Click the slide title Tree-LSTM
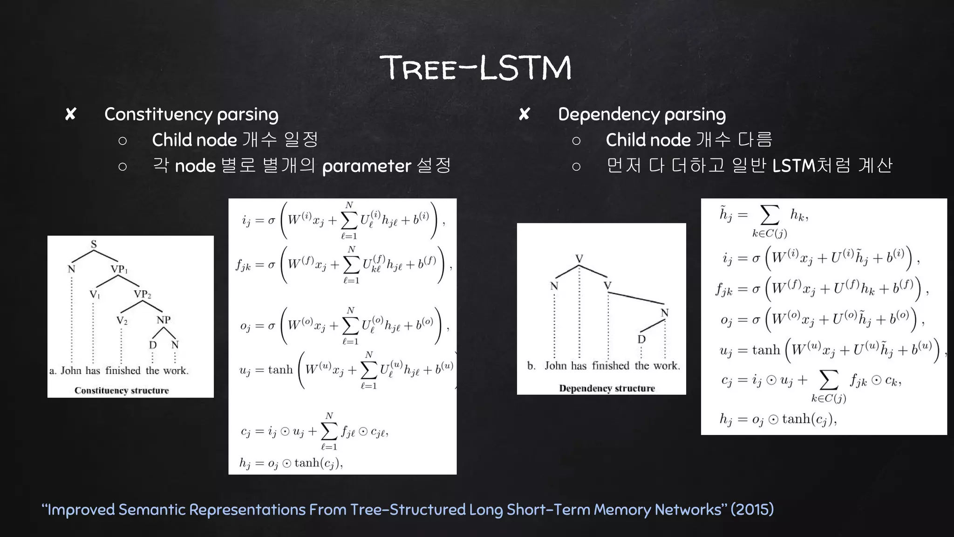pyautogui.click(x=476, y=68)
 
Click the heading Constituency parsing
pyautogui.click(x=191, y=115)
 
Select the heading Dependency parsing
pyautogui.click(x=641, y=115)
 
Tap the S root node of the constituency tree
pyautogui.click(x=94, y=244)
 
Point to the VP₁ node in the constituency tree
pyautogui.click(x=119, y=269)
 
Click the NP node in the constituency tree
pyautogui.click(x=164, y=320)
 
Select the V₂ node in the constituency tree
pyautogui.click(x=122, y=321)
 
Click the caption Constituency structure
pyautogui.click(x=122, y=391)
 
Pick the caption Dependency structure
pyautogui.click(x=606, y=388)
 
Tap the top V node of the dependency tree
pyautogui.click(x=579, y=259)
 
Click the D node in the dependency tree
pyautogui.click(x=641, y=339)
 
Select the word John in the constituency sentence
pyautogui.click(x=71, y=371)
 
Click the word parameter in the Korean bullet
pyautogui.click(x=367, y=166)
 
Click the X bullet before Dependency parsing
pyautogui.click(x=524, y=114)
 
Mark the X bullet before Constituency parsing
pyautogui.click(x=70, y=114)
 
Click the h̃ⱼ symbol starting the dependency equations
pyautogui.click(x=726, y=214)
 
